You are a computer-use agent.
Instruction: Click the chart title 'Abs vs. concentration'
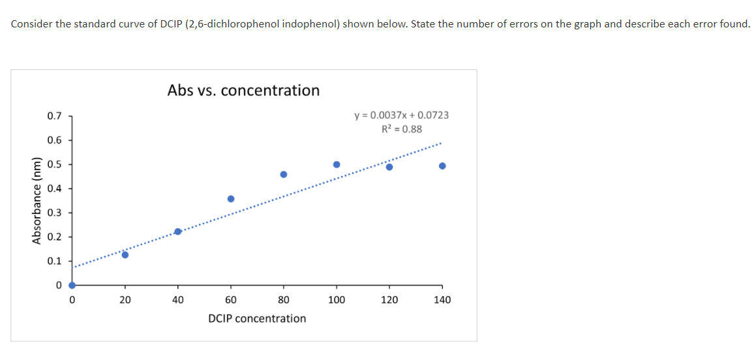[243, 90]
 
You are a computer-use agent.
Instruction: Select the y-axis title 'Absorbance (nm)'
[37, 200]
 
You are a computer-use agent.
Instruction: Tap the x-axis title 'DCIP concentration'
[257, 318]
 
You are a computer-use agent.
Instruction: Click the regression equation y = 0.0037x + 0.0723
[401, 115]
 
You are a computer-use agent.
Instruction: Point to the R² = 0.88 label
[401, 128]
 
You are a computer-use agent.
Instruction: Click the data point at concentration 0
[72, 285]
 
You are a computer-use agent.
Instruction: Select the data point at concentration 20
[125, 254]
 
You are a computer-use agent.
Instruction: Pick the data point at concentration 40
[177, 232]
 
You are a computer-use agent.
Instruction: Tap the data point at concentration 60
[231, 199]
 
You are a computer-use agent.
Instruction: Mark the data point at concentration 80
[284, 174]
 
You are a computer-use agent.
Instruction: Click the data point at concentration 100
[337, 164]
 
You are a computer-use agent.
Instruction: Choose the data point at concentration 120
[389, 167]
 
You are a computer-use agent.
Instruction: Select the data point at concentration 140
[442, 166]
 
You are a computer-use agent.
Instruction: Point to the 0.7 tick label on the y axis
[55, 116]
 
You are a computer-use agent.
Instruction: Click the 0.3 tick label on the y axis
[55, 213]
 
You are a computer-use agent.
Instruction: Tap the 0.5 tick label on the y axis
[55, 164]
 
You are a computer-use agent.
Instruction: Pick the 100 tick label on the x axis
[337, 300]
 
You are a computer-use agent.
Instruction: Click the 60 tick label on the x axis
[231, 300]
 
